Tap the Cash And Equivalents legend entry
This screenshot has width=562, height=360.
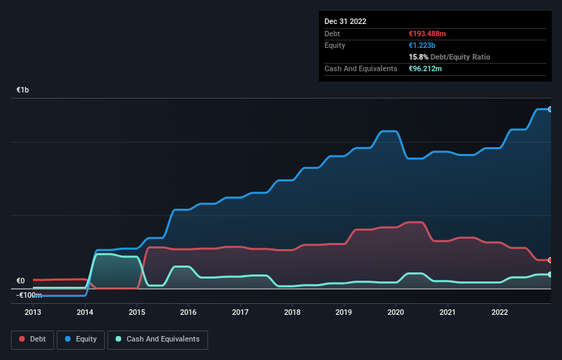157,339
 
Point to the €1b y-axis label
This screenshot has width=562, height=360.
23,90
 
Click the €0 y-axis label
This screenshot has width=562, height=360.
21,281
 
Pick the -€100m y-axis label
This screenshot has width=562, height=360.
29,295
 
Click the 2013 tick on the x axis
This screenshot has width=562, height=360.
33,312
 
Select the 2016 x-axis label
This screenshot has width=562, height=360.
188,312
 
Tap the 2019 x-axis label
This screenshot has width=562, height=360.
344,312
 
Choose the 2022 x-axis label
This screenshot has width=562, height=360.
500,312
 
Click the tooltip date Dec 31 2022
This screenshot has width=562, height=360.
345,21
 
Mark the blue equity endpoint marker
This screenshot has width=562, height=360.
550,110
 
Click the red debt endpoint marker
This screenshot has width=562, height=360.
550,260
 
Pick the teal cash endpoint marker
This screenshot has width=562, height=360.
550,274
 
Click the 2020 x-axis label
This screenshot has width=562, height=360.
396,312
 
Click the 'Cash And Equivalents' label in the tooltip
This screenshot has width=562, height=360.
361,68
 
